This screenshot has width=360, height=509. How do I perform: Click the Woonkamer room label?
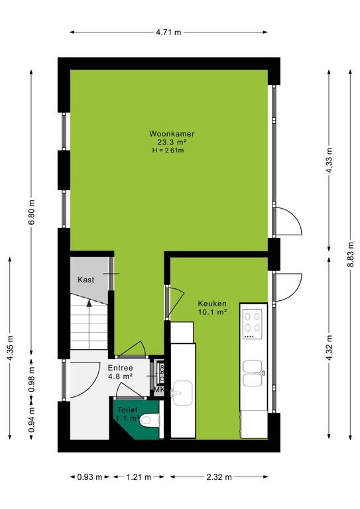[172, 133]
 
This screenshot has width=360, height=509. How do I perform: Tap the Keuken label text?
[212, 304]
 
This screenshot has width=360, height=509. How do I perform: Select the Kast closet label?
[86, 280]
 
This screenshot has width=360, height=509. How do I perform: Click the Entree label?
[120, 368]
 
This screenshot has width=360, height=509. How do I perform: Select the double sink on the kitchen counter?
[254, 373]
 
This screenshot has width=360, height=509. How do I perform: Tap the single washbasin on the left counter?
[182, 393]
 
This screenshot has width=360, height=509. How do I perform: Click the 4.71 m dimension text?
[168, 32]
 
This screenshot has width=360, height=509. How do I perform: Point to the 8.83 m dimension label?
[350, 254]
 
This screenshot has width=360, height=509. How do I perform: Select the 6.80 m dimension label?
[31, 213]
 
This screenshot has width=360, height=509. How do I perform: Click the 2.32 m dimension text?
[219, 477]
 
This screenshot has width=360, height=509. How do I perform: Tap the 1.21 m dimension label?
[139, 477]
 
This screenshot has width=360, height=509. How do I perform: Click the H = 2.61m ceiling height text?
[168, 150]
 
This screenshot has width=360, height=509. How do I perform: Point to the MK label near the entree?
[158, 390]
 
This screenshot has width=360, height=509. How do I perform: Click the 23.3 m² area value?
[172, 142]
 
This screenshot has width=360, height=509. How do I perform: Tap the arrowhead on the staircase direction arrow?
[89, 303]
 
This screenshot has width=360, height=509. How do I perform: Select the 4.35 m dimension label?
[10, 347]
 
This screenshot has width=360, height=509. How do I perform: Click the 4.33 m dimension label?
[329, 160]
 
